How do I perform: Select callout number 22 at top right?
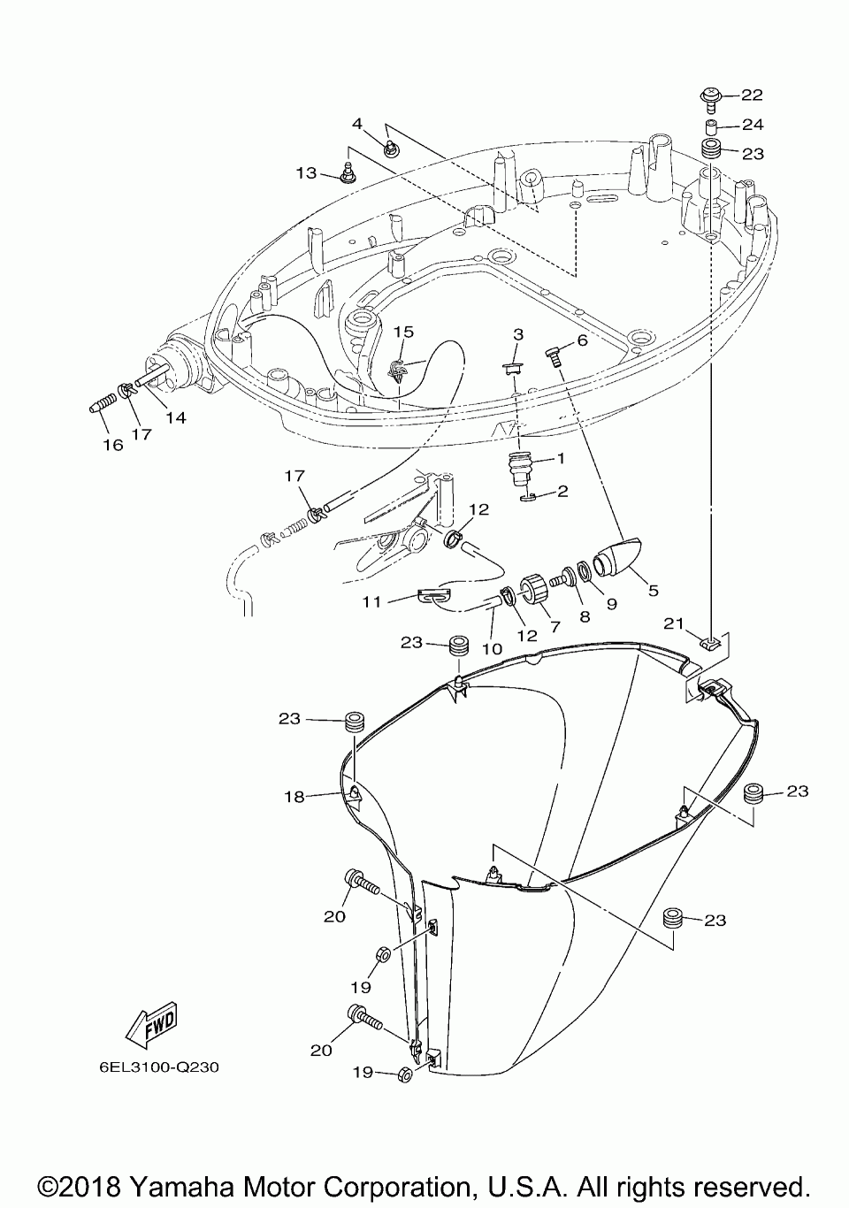point(752,95)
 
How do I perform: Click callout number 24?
point(753,125)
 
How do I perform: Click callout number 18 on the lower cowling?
point(294,797)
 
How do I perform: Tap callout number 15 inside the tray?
point(403,332)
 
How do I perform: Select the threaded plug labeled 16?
point(103,405)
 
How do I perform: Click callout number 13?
point(306,173)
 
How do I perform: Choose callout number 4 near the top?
point(357,124)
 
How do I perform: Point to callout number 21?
point(673,624)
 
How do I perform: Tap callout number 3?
point(518,334)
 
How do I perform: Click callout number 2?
point(562,492)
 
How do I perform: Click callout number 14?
point(176,417)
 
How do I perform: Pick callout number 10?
point(492,649)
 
